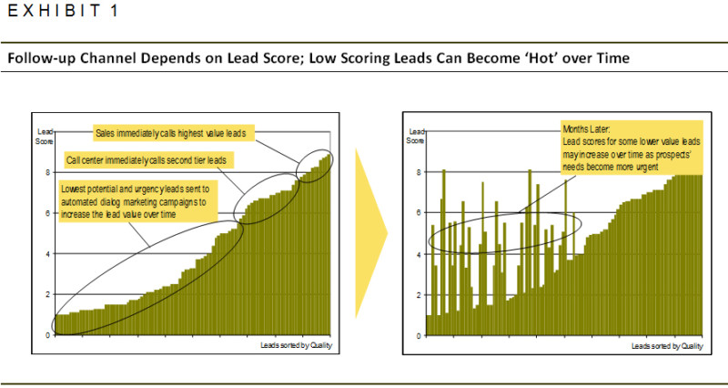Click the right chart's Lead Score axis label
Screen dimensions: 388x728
click(414, 137)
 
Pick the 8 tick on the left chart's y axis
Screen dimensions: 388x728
click(47, 171)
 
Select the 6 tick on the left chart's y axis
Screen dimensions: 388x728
click(47, 213)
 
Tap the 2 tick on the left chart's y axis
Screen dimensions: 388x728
click(47, 294)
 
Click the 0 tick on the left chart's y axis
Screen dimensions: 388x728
click(47, 335)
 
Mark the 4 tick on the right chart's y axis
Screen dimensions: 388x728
click(420, 254)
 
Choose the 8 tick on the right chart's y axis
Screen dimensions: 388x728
click(420, 171)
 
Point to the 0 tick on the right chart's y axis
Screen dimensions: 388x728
click(420, 335)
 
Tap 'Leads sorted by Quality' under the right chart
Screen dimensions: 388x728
click(667, 346)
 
